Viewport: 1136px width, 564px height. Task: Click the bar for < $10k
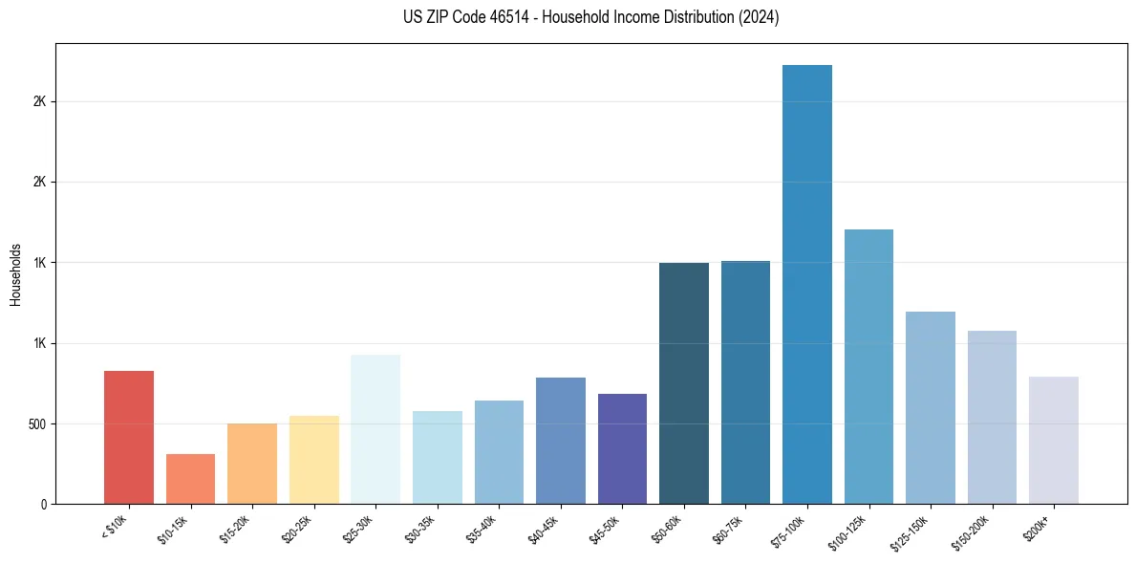pyautogui.click(x=129, y=437)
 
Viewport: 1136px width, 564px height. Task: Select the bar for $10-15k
pyautogui.click(x=190, y=479)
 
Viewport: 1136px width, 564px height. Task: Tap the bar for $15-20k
pyautogui.click(x=252, y=464)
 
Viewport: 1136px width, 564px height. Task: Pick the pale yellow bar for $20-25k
pyautogui.click(x=313, y=460)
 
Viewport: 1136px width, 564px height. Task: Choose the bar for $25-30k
pyautogui.click(x=375, y=429)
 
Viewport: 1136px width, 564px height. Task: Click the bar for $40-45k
pyautogui.click(x=561, y=441)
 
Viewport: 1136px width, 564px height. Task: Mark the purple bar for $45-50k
pyautogui.click(x=622, y=448)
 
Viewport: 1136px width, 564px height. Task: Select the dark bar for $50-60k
pyautogui.click(x=684, y=383)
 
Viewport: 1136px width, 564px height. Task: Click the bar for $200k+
pyautogui.click(x=1054, y=440)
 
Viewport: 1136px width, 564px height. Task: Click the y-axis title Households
pyautogui.click(x=15, y=273)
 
